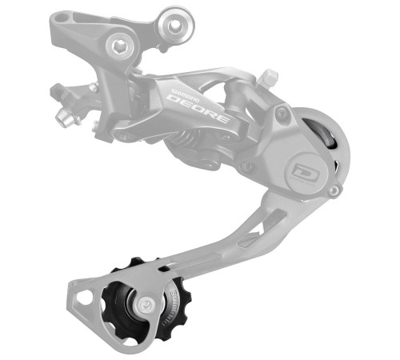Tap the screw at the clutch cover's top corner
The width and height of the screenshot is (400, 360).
[x=281, y=114]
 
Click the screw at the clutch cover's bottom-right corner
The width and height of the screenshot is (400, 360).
[x=334, y=191]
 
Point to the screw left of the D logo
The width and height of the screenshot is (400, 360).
[x=250, y=167]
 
